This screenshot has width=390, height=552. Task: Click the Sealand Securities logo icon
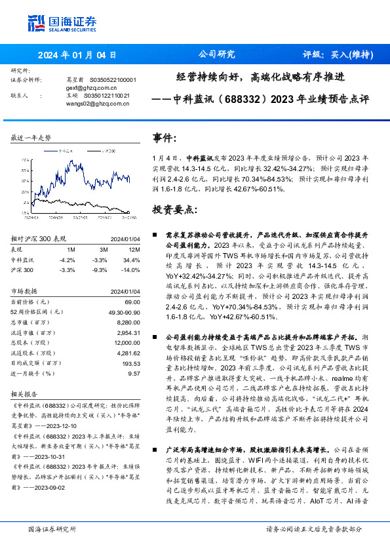tap(37, 22)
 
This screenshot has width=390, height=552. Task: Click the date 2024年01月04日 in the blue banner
tap(78, 55)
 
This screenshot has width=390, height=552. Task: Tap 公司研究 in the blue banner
tap(216, 54)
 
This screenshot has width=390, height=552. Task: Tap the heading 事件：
tap(165, 138)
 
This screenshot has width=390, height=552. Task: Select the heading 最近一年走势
tap(31, 138)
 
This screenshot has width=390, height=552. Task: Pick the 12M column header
tap(135, 250)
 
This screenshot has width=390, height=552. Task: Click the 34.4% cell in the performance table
tap(134, 260)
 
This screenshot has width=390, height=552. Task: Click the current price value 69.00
tap(134, 301)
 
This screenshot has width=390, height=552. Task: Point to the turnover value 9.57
tap(135, 372)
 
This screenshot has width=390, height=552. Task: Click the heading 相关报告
tap(26, 396)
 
